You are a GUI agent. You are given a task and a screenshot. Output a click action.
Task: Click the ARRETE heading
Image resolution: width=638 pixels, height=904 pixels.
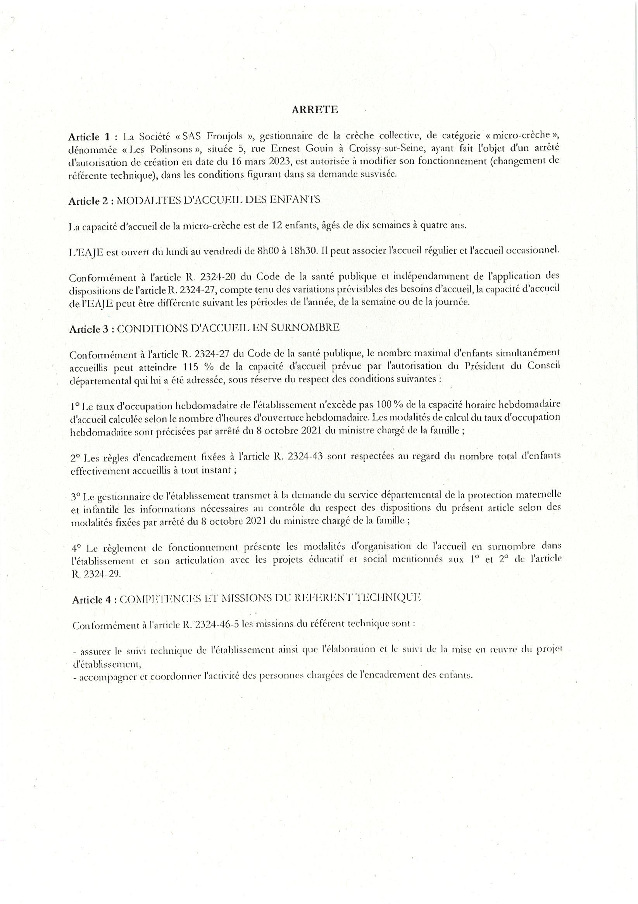click(314, 110)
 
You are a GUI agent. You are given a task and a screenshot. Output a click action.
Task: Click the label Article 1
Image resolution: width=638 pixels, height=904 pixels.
click(90, 137)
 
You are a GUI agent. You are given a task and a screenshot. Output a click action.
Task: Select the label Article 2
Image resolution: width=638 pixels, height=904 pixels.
click(88, 201)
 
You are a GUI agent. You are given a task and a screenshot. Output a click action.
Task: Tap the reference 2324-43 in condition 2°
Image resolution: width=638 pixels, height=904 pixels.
click(306, 456)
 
